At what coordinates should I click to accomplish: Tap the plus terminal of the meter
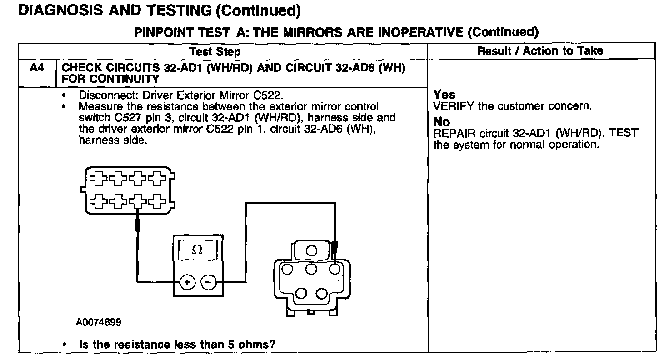click(186, 282)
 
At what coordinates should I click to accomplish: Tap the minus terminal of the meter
click(208, 282)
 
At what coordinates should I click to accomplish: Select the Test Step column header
click(215, 51)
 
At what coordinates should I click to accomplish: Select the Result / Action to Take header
click(540, 51)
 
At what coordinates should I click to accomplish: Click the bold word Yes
click(444, 95)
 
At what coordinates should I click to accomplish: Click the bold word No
click(441, 122)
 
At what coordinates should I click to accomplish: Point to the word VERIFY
click(454, 106)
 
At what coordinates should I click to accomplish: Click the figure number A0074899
click(99, 322)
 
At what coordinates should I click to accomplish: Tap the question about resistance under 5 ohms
click(177, 344)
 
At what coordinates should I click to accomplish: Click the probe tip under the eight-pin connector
click(137, 225)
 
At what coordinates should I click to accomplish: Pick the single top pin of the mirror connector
click(311, 250)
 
